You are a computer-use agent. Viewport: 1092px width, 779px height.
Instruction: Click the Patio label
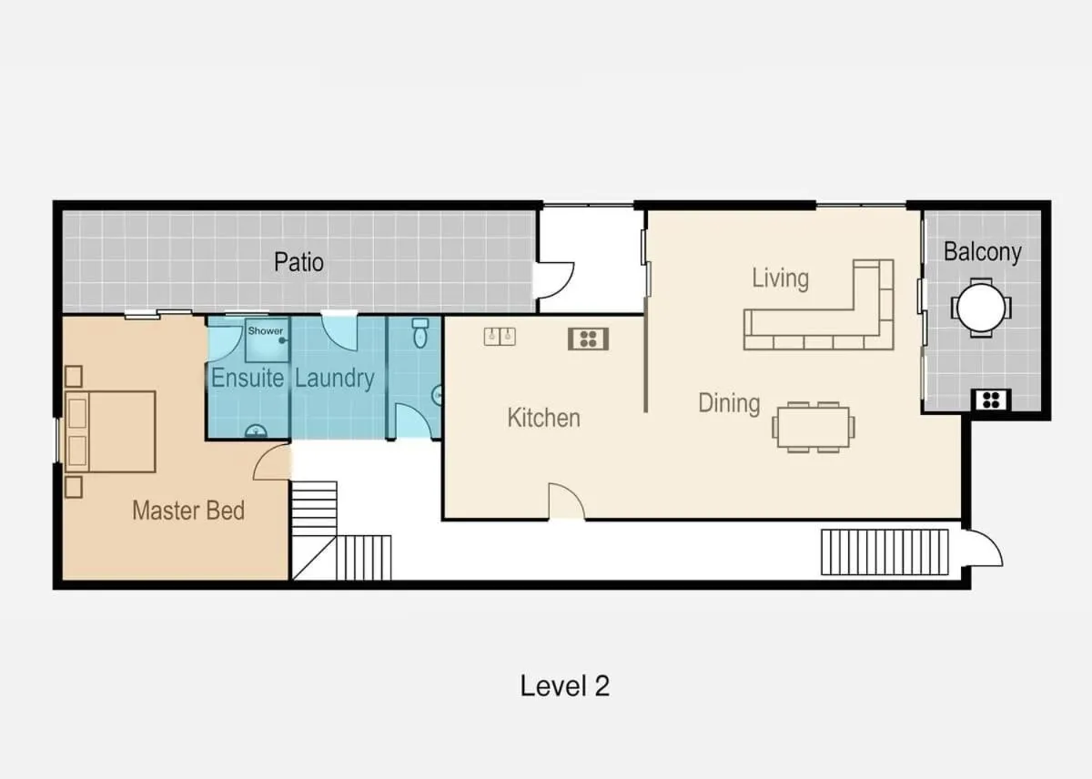coord(298,262)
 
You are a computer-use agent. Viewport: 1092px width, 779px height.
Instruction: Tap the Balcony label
coord(982,252)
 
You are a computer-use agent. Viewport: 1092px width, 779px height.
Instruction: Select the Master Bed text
coord(188,511)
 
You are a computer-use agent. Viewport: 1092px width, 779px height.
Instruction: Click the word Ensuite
coord(248,378)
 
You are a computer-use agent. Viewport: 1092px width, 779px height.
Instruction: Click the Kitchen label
coord(543,418)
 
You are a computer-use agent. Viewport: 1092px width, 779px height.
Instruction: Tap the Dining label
coord(729,404)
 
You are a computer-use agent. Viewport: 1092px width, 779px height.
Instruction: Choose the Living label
coord(781,278)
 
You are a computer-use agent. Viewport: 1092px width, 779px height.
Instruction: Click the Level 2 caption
coord(564,686)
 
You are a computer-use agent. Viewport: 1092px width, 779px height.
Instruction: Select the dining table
coord(814,427)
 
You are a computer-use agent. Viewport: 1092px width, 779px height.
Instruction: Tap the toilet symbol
coord(420,333)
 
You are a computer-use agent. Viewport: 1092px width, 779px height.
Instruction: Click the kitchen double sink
coord(500,337)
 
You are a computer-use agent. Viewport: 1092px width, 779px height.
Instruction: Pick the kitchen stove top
coord(589,339)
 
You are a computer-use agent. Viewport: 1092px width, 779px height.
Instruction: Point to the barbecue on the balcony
coord(992,400)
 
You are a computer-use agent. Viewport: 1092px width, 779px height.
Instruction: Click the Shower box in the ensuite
coord(267,340)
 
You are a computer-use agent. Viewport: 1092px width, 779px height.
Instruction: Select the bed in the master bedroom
coord(111,431)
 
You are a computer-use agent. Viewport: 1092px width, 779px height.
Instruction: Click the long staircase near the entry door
coord(885,552)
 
